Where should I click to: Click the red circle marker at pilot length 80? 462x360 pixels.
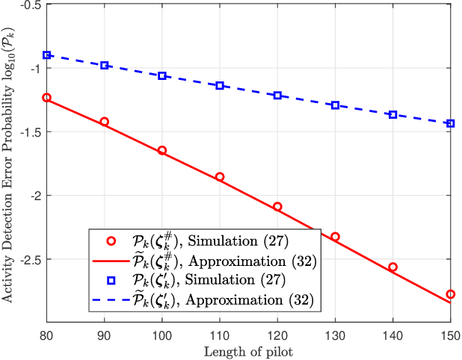click(46, 98)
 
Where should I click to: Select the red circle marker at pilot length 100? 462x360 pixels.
click(162, 150)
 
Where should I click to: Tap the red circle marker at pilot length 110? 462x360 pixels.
click(220, 177)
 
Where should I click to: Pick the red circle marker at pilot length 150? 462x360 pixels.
click(451, 294)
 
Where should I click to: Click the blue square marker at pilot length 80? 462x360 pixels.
click(46, 55)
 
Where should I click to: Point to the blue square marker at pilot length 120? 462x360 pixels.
click(277, 96)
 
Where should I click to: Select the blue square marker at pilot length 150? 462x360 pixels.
click(451, 123)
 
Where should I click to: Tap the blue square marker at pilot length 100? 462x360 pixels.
click(162, 76)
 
